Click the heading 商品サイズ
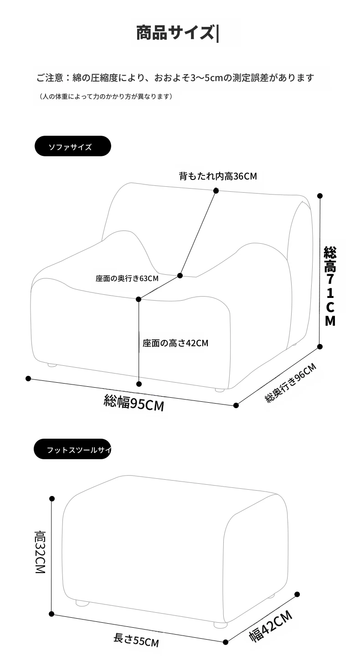point(175,32)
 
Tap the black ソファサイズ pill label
point(73,146)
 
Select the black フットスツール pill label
point(72,449)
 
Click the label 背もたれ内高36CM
point(218,176)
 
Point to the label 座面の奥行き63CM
point(127,278)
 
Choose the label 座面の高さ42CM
point(175,343)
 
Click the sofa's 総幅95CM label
point(134,403)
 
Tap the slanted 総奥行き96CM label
point(291,383)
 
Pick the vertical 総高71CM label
point(330,286)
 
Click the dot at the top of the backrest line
point(216,191)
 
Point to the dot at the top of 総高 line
point(320,196)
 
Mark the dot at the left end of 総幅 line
point(28,379)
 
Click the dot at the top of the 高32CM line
point(52,499)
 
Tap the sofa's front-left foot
point(52,365)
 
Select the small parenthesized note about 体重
point(105,97)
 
